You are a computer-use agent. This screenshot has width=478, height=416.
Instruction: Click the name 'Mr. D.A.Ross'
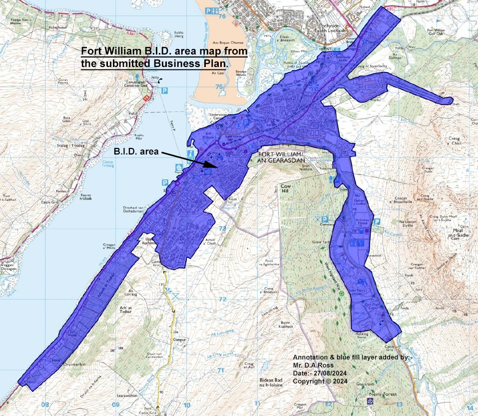(313, 366)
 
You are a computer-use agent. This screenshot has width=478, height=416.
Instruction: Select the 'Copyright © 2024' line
(320, 381)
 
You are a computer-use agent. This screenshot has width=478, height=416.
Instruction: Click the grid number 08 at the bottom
(45, 404)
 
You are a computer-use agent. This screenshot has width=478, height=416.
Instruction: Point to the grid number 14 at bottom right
(468, 407)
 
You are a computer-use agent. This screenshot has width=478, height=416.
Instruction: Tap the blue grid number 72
(222, 299)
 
